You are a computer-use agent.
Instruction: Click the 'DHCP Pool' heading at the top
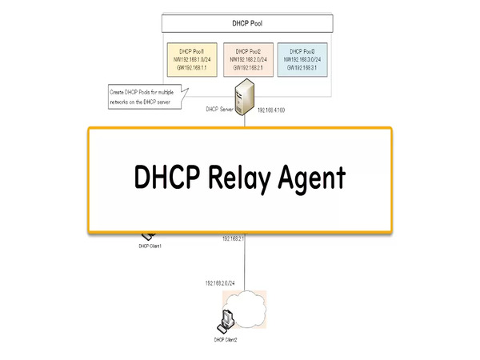tap(244, 23)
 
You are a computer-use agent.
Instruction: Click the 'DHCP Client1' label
tap(150, 246)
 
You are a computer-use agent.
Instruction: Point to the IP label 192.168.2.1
tap(233, 238)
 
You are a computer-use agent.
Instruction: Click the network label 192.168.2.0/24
tap(220, 283)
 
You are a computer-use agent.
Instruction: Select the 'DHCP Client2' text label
tap(226, 340)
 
